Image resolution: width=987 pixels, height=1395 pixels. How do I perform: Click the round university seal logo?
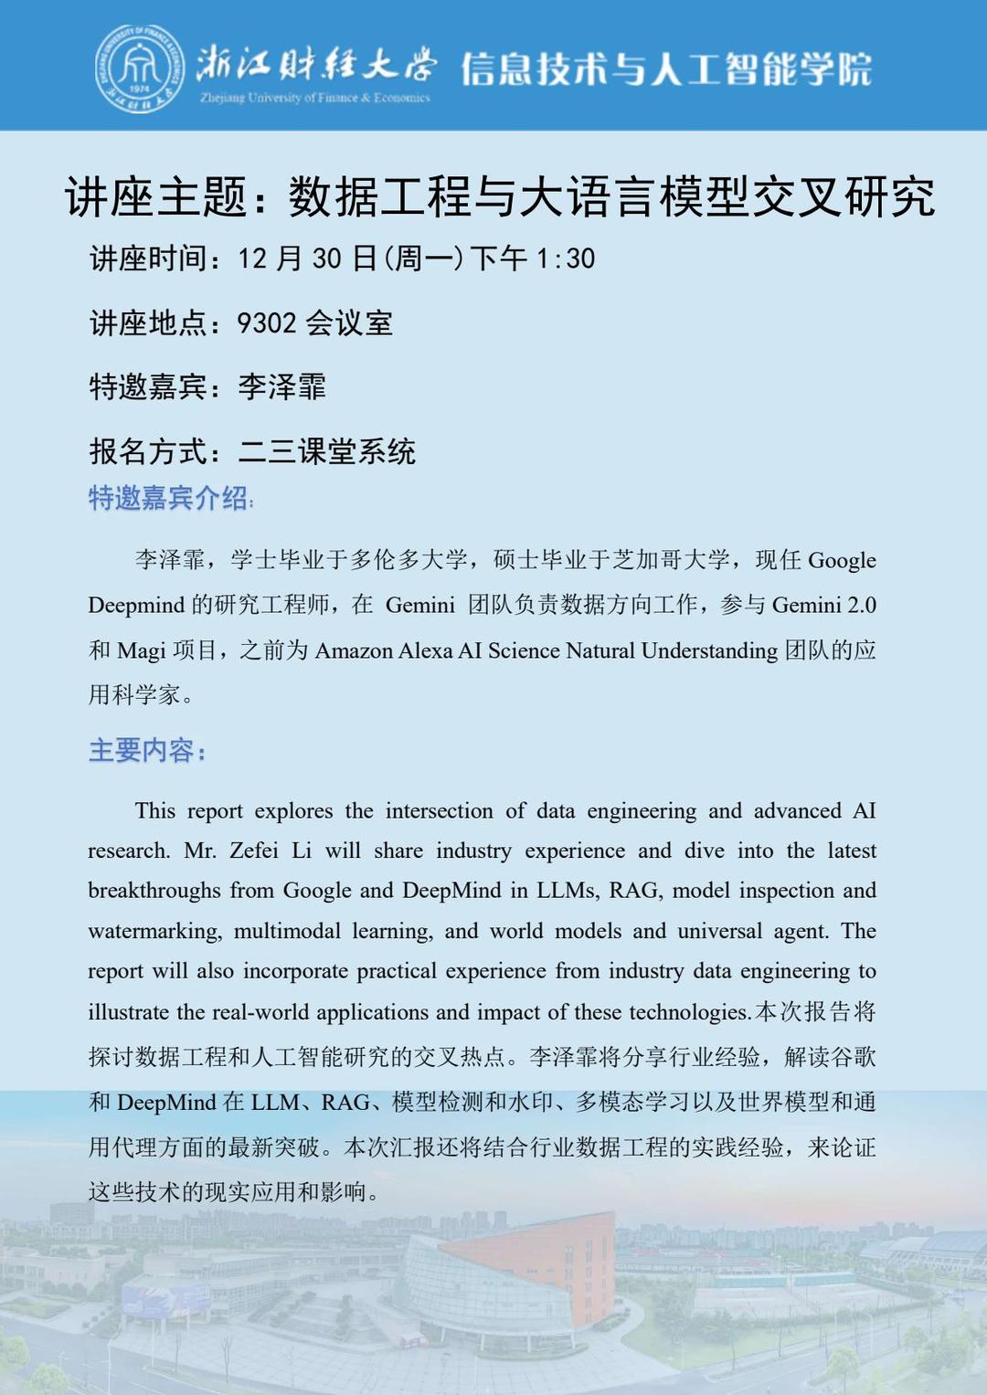[139, 69]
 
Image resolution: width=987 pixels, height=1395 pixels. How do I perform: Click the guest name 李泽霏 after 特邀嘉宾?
[281, 387]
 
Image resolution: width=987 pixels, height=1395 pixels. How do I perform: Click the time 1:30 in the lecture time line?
[566, 259]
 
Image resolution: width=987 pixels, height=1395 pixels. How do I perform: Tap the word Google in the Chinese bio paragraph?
[842, 560]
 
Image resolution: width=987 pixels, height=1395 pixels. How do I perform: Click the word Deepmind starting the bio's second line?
[135, 606]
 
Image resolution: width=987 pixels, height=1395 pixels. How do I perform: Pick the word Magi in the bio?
[141, 651]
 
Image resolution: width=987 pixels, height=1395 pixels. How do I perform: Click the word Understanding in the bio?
[709, 651]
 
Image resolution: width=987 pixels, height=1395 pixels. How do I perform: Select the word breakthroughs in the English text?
[154, 892]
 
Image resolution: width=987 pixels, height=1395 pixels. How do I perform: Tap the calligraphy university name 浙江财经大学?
[315, 64]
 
